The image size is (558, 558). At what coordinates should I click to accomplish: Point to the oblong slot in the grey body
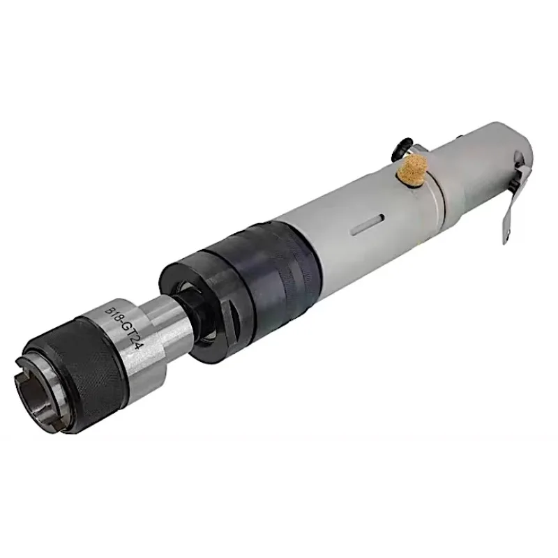pyautogui.click(x=367, y=223)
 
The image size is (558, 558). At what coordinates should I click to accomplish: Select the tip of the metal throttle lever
pyautogui.click(x=507, y=239)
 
